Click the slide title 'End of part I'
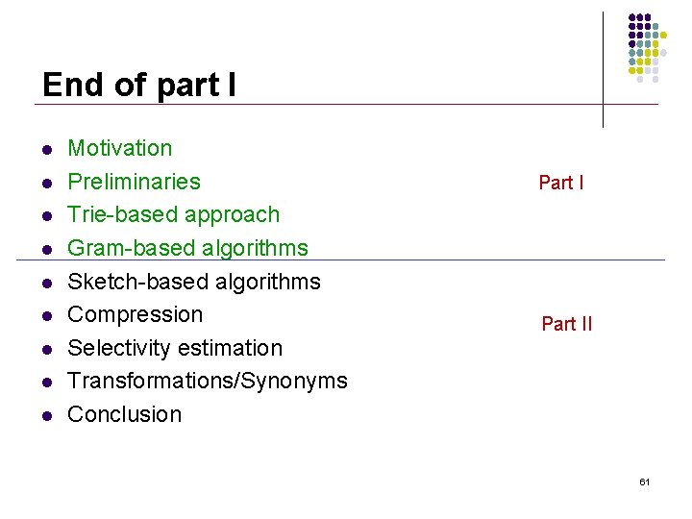click(139, 85)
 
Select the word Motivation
click(120, 148)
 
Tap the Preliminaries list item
click(135, 182)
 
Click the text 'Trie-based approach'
click(174, 214)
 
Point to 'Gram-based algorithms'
click(188, 248)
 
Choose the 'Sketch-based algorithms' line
click(194, 282)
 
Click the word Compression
click(136, 314)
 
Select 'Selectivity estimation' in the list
click(175, 348)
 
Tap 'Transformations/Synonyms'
click(208, 381)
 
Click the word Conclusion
click(125, 414)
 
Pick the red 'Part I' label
click(561, 183)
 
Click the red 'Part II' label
click(567, 324)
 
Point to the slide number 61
click(644, 482)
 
